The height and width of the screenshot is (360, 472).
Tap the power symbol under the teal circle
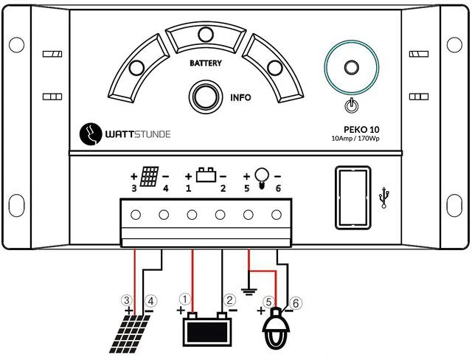click(x=352, y=106)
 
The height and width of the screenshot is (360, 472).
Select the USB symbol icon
click(x=383, y=197)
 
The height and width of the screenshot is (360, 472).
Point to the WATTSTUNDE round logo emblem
click(x=92, y=134)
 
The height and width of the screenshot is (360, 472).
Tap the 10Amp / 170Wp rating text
click(x=360, y=138)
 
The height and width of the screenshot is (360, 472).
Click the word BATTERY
click(x=205, y=63)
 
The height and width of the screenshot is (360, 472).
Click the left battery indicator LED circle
click(x=136, y=69)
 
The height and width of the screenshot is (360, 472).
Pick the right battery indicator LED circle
click(x=274, y=69)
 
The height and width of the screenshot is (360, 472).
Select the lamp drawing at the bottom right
click(x=277, y=329)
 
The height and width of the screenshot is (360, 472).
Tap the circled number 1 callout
click(x=185, y=300)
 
